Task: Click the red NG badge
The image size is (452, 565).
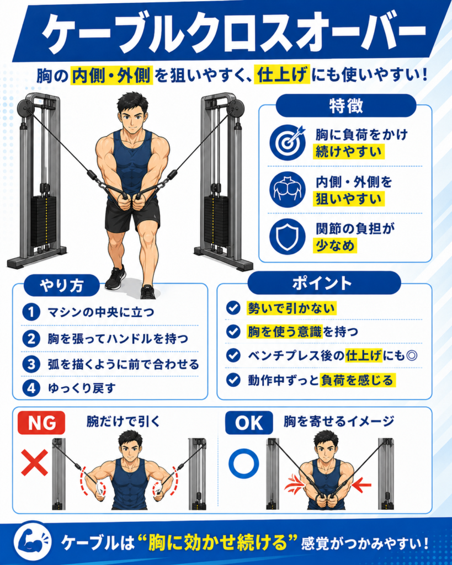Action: click(41, 423)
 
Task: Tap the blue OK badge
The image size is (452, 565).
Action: click(249, 423)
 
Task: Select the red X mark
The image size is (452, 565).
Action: click(34, 462)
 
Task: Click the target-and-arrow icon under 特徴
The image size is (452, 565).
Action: click(288, 142)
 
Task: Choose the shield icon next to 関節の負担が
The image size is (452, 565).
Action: click(288, 236)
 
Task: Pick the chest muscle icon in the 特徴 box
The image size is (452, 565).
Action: click(288, 189)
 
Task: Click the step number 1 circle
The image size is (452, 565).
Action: click(31, 312)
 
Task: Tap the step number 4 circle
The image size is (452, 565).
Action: click(31, 388)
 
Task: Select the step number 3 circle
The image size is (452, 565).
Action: click(31, 364)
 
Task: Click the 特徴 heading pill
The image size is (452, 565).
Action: click(346, 105)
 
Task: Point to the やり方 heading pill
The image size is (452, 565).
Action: click(62, 285)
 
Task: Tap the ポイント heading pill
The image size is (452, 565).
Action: click(324, 283)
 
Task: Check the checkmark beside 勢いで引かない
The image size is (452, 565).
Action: click(233, 308)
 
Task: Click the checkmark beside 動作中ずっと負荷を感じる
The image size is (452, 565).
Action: click(233, 380)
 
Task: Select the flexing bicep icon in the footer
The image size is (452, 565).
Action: click(33, 542)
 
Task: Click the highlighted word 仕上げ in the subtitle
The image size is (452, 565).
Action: click(282, 75)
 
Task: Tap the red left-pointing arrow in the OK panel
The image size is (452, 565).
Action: click(361, 485)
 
